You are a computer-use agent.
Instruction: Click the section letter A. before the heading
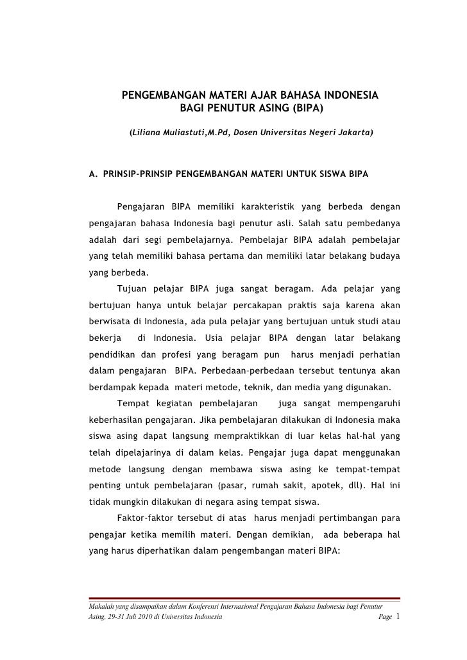point(92,174)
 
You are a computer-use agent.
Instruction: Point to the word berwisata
point(108,320)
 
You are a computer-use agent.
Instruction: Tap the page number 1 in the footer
point(398,616)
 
